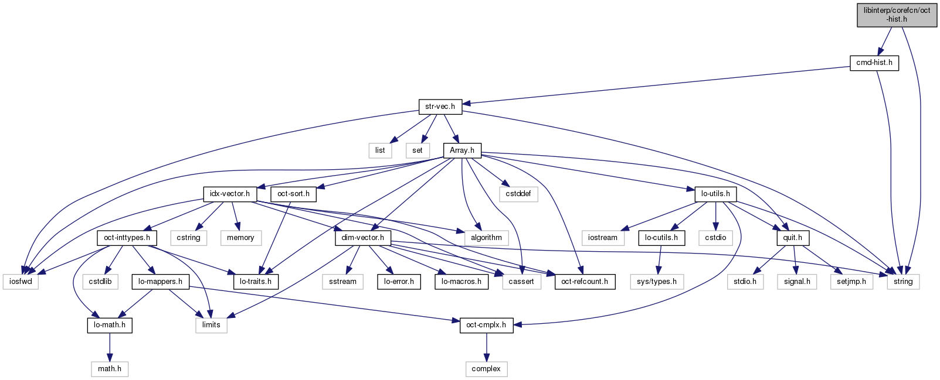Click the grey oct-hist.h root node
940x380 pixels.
pos(897,15)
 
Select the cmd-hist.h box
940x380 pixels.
pos(874,63)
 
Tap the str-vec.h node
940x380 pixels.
pos(440,107)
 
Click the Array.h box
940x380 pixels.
pos(461,150)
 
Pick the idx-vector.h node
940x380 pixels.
pos(229,194)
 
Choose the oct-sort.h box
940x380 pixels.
pos(293,194)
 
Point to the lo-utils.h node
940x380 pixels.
pos(715,194)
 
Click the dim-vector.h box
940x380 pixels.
pos(362,238)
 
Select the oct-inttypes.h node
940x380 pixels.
pos(127,238)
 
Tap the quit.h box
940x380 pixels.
pos(792,238)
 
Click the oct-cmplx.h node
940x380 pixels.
pos(486,325)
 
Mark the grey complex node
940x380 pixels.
pos(486,369)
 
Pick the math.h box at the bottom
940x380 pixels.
pos(110,369)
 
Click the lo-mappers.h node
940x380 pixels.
pos(160,282)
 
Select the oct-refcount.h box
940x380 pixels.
pos(584,282)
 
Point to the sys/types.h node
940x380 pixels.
pos(656,282)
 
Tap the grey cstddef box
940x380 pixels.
pos(518,194)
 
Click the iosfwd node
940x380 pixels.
pos(21,282)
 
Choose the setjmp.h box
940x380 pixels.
pos(851,282)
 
